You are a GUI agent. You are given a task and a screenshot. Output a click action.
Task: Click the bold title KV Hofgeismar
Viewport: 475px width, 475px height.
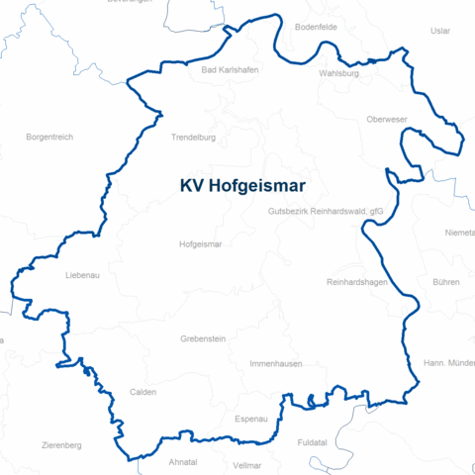pyautogui.click(x=242, y=185)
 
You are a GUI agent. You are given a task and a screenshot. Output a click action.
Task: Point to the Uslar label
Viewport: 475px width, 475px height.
pyautogui.click(x=440, y=31)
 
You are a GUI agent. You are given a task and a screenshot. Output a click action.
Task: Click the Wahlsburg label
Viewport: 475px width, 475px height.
pyautogui.click(x=338, y=73)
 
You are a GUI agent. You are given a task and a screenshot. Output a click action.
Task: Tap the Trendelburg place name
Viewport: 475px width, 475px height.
pyautogui.click(x=193, y=138)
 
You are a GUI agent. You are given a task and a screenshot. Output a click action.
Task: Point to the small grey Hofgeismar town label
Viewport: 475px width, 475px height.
pyautogui.click(x=200, y=243)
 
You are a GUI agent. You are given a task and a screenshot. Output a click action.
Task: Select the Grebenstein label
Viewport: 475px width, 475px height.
pyautogui.click(x=203, y=338)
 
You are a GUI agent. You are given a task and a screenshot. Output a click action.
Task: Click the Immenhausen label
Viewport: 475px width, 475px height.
pyautogui.click(x=274, y=364)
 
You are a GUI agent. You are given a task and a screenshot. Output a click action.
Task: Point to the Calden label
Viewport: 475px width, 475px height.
pyautogui.click(x=143, y=392)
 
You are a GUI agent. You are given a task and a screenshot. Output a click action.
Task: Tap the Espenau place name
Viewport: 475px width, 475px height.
pyautogui.click(x=251, y=419)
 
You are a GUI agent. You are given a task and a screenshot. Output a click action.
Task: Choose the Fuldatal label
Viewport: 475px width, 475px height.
pyautogui.click(x=314, y=444)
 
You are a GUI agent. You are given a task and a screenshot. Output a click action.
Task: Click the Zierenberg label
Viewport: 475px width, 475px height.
pyautogui.click(x=61, y=445)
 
